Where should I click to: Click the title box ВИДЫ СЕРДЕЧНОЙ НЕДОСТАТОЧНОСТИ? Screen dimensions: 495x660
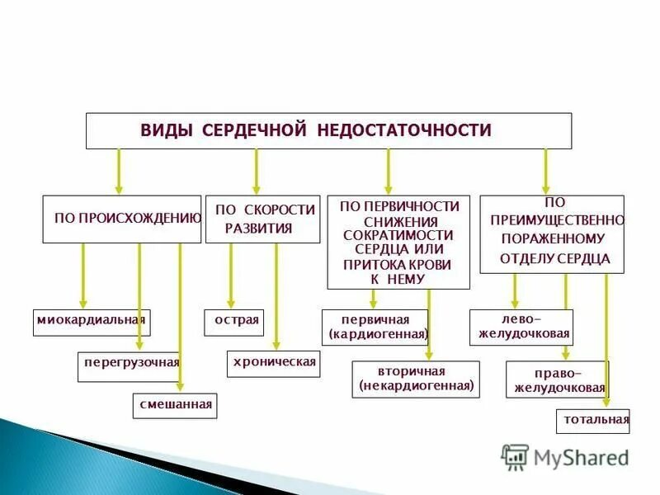tap(328, 130)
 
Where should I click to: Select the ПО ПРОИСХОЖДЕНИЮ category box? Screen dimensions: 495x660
tap(121, 219)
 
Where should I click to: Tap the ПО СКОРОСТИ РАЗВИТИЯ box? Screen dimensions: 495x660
tap(262, 219)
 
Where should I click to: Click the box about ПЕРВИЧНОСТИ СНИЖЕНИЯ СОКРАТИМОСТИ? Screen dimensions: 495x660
tap(398, 242)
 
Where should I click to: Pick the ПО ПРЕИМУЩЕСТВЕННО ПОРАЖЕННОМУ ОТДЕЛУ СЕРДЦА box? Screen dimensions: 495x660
tap(552, 234)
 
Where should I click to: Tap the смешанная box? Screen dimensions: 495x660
tap(175, 405)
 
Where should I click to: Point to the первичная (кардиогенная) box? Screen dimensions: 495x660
tap(375, 328)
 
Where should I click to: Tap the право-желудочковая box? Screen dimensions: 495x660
tap(558, 379)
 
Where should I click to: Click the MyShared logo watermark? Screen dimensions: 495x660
tap(565, 456)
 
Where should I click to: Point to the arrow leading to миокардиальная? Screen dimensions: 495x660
tap(82, 276)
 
